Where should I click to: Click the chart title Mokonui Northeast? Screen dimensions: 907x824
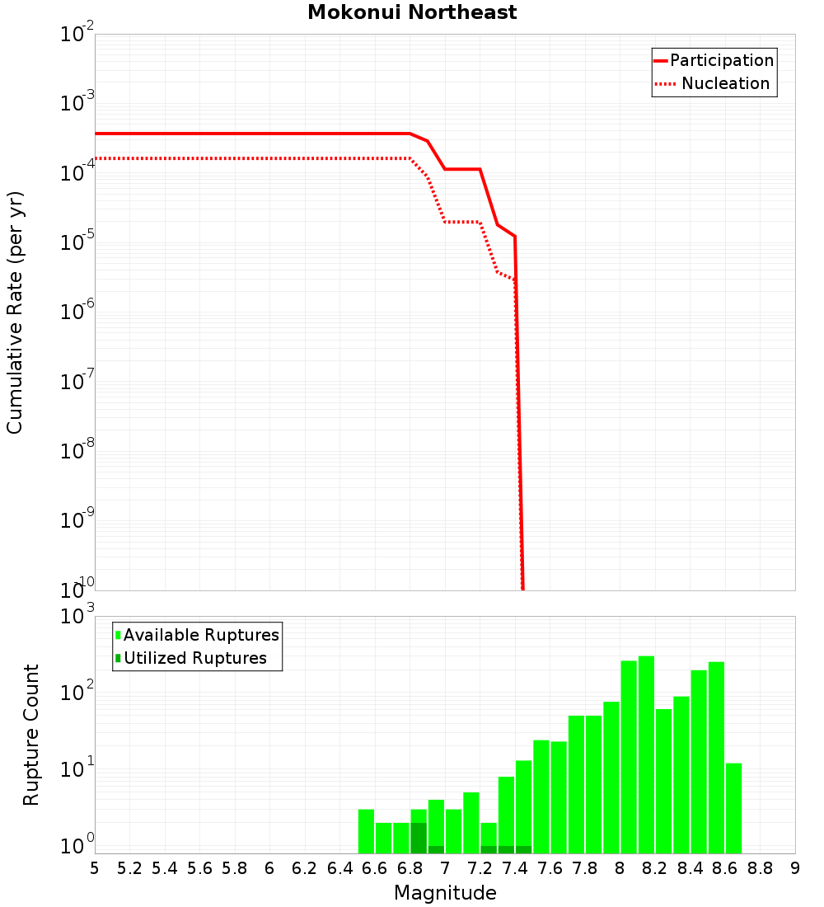[x=412, y=12]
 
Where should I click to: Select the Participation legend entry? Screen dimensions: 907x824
[x=721, y=60]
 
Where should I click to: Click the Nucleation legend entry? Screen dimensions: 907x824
[x=724, y=83]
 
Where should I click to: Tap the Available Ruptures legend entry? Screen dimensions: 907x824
[x=201, y=635]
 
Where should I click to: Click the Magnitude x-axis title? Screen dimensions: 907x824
[x=445, y=893]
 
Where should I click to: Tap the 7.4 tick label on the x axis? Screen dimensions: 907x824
[x=515, y=867]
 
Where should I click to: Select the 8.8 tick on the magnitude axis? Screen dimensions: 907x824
[x=760, y=867]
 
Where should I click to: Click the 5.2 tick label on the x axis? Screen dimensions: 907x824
[x=129, y=867]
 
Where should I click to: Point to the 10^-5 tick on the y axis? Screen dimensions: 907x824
[x=77, y=243]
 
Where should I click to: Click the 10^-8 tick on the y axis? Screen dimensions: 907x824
[x=77, y=451]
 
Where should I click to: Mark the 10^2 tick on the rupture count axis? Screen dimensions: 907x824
[x=77, y=693]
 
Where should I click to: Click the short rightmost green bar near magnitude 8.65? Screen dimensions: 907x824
[x=733, y=808]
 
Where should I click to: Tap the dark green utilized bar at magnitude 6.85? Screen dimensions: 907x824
[x=419, y=838]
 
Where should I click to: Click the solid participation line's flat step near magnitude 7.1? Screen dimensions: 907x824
[x=462, y=169]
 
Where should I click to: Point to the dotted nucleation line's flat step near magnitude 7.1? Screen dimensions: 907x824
[x=462, y=222]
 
